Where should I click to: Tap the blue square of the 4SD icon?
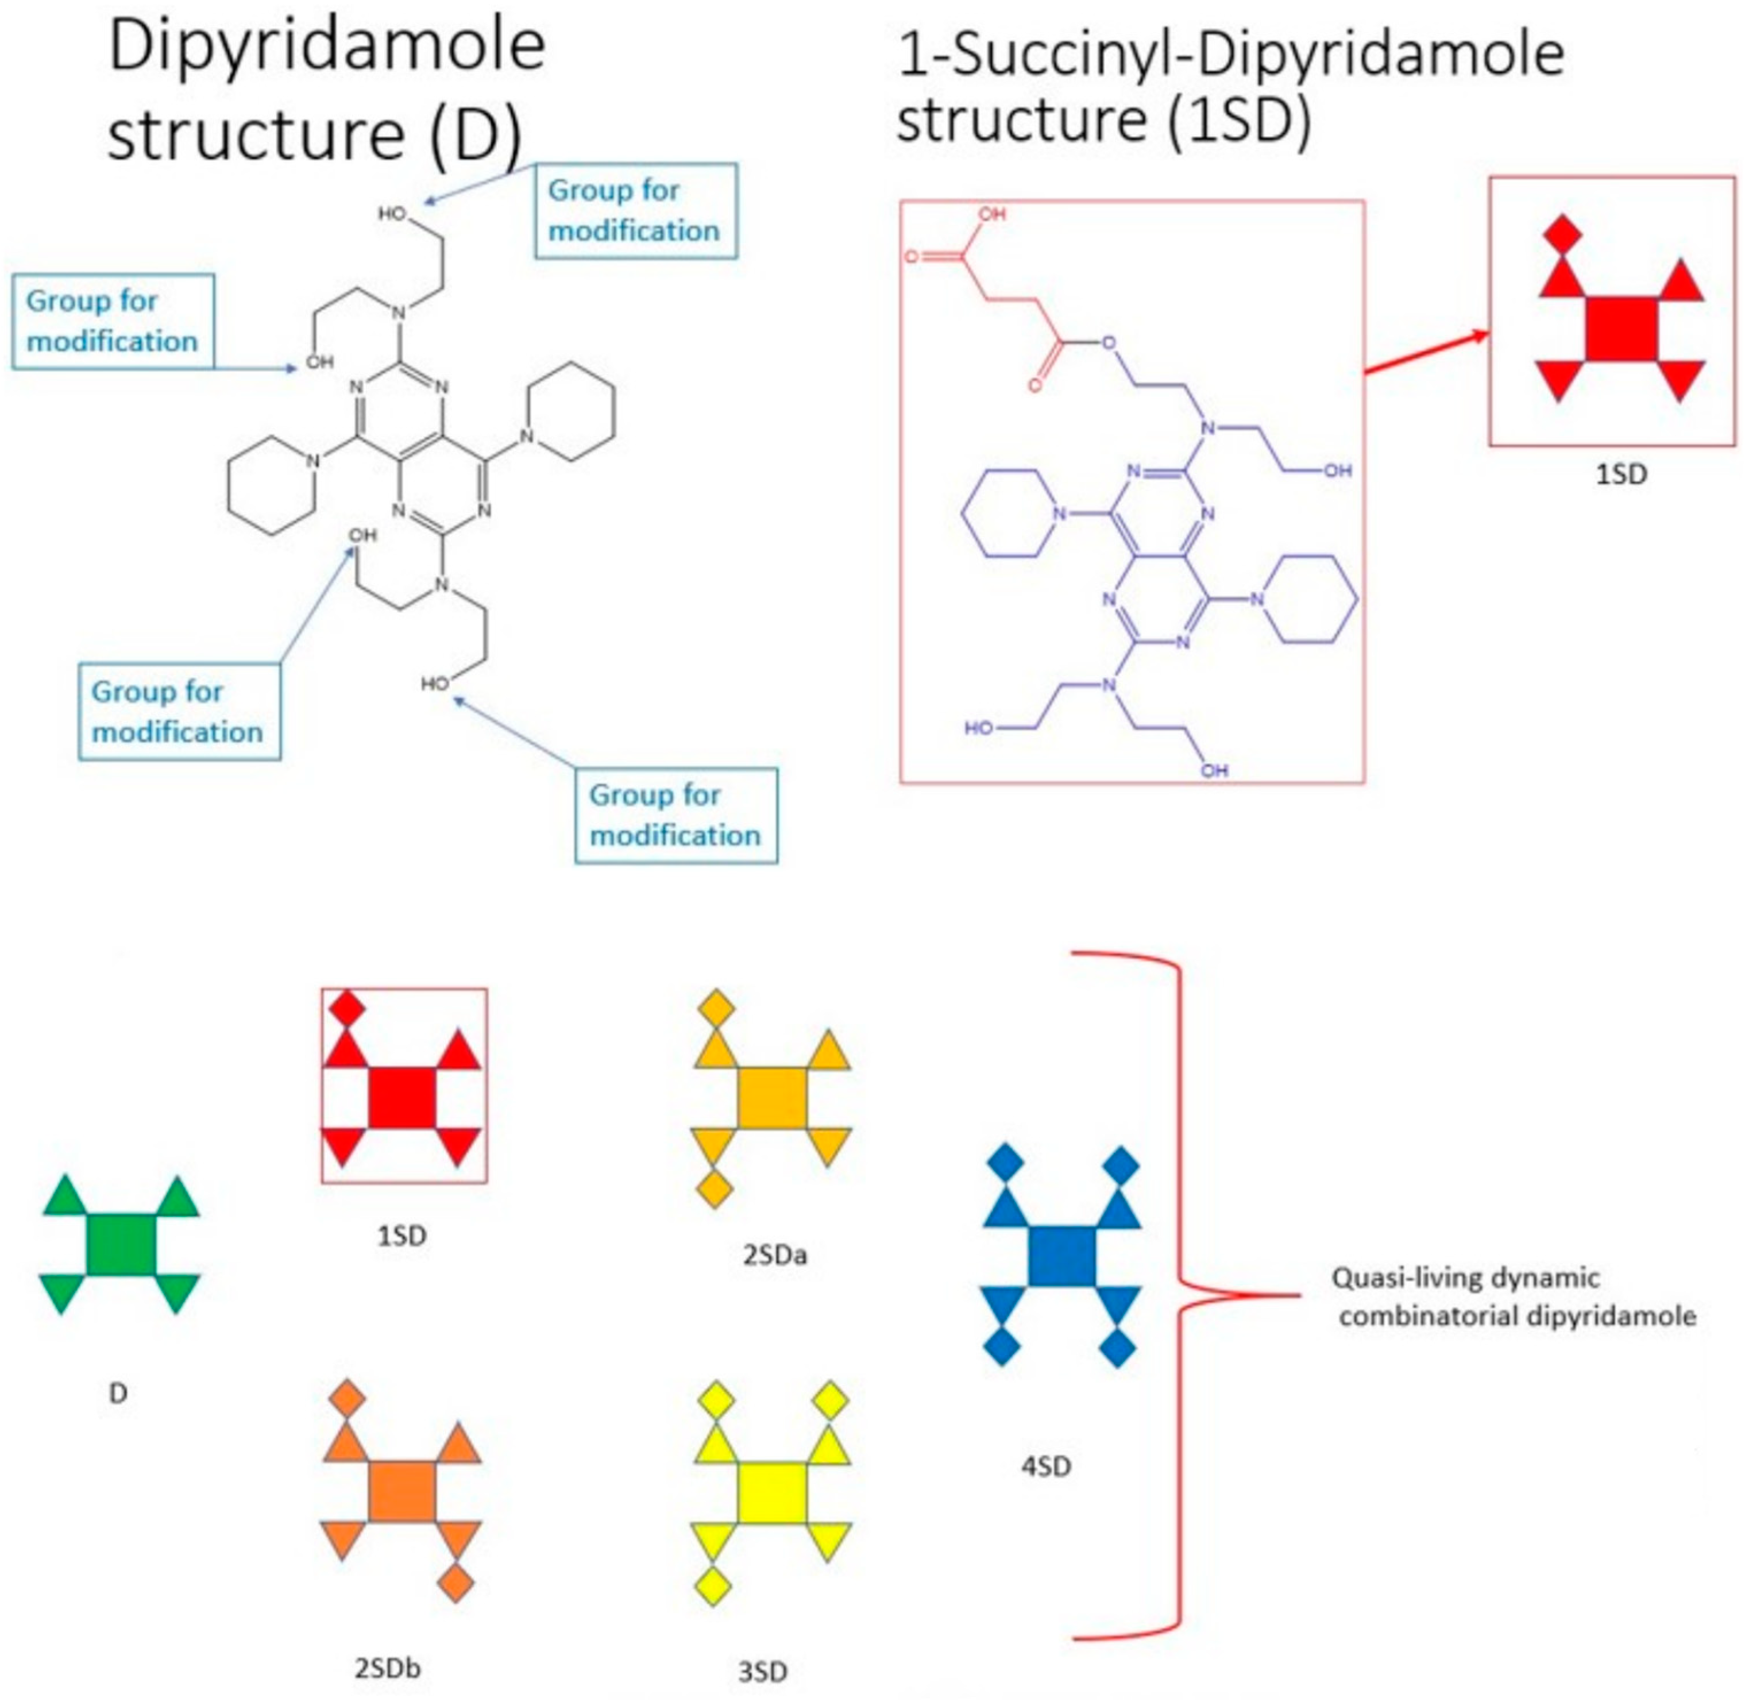pos(1062,1256)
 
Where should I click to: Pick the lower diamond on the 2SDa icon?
pos(715,1190)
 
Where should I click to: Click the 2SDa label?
pos(774,1255)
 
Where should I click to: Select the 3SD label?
pos(763,1672)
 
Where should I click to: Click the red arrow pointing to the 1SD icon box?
pos(1426,353)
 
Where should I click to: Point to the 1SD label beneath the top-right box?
pos(1621,474)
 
